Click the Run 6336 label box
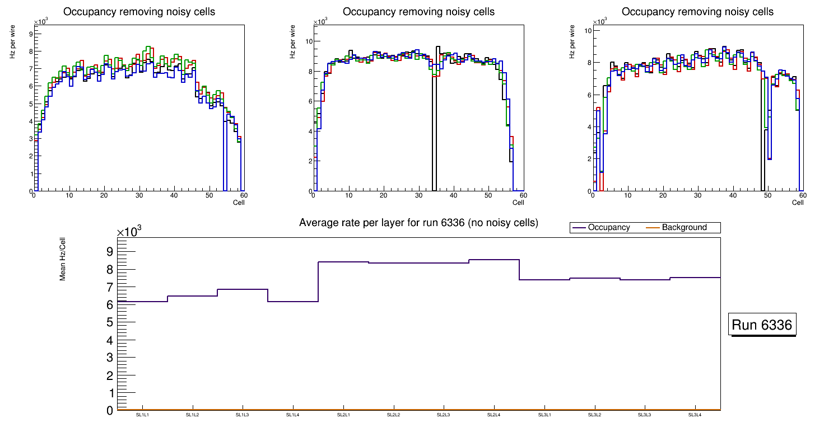[x=763, y=325]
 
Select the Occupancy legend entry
[x=608, y=228]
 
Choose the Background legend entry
[x=684, y=228]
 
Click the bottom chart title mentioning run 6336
[x=418, y=223]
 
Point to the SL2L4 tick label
[x=494, y=415]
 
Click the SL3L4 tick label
[x=695, y=415]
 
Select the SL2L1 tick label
[x=343, y=415]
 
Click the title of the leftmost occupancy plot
[x=139, y=12]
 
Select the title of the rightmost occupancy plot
[x=697, y=12]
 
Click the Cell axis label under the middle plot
[x=519, y=203]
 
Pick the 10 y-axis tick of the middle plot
[x=308, y=41]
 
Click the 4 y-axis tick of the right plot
[x=589, y=127]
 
